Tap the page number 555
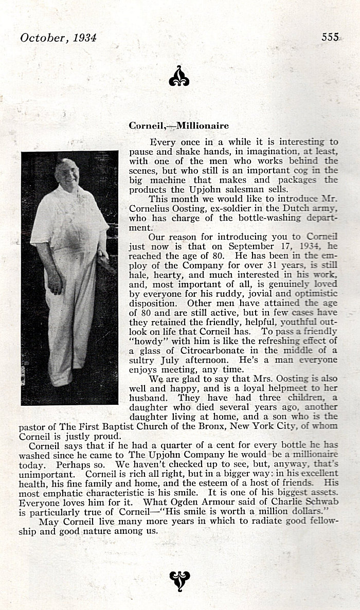pos(330,37)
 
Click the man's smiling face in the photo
pos(70,174)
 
